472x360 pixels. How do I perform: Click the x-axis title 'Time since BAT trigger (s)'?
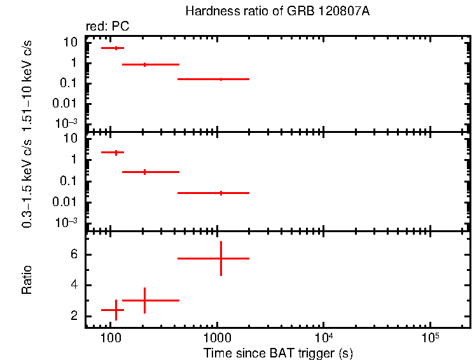pyautogui.click(x=278, y=352)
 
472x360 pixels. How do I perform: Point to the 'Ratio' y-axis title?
pyautogui.click(x=27, y=279)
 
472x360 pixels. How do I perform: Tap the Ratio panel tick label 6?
pyautogui.click(x=74, y=254)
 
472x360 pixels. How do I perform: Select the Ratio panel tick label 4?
pyautogui.click(x=74, y=285)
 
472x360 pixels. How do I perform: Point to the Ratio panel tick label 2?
pyautogui.click(x=74, y=316)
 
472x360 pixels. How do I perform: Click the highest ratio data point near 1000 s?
pyautogui.click(x=221, y=258)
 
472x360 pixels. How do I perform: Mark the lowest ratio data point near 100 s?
pyautogui.click(x=116, y=310)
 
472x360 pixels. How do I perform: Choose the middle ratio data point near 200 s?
pyautogui.click(x=145, y=300)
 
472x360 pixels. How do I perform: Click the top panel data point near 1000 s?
pyautogui.click(x=221, y=79)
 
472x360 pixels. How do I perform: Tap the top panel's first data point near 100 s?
pyautogui.click(x=116, y=48)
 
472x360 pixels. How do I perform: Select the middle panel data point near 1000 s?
pyautogui.click(x=221, y=192)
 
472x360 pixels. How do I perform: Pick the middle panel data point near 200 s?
pyautogui.click(x=145, y=172)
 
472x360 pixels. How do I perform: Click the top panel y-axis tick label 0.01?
pyautogui.click(x=66, y=103)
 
